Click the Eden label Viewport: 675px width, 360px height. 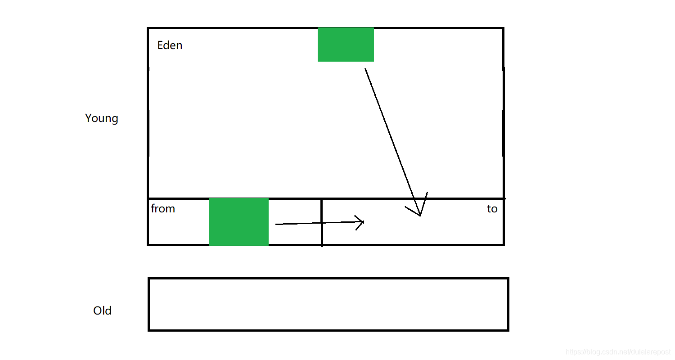tap(170, 45)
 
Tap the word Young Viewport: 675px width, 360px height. tap(102, 118)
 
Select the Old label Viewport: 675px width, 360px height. tap(102, 311)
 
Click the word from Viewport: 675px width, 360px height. tap(163, 209)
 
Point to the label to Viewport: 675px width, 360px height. tap(492, 209)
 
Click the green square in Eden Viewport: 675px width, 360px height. tap(346, 45)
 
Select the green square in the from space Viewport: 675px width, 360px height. tap(238, 222)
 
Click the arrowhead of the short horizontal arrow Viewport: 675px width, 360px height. tap(363, 221)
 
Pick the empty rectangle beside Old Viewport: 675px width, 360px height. tap(328, 305)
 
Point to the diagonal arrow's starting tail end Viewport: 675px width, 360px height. tap(365, 69)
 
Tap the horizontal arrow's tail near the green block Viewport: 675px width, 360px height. tap(276, 224)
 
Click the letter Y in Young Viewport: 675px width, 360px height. tap(88, 118)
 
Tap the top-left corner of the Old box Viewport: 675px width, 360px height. tap(149, 279)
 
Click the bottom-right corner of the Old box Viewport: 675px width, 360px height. tap(508, 330)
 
